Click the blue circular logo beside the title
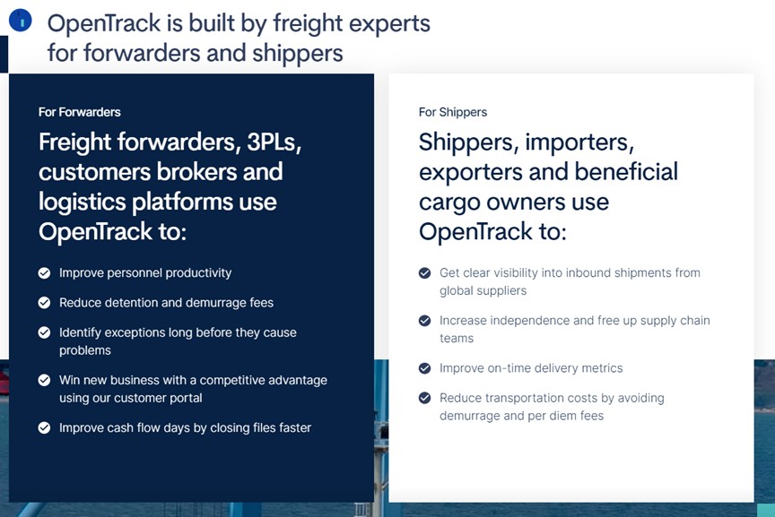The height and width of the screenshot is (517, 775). click(x=21, y=21)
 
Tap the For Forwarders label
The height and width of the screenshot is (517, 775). click(x=80, y=112)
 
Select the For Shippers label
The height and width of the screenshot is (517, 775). click(x=453, y=112)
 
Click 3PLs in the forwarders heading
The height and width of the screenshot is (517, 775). click(x=274, y=142)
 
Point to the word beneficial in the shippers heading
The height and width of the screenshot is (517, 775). click(x=626, y=172)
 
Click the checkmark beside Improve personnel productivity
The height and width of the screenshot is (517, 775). click(x=45, y=273)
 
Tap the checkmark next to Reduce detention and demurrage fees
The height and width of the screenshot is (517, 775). click(x=45, y=303)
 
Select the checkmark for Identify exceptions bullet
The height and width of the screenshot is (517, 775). click(x=45, y=332)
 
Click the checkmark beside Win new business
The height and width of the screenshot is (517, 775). click(x=45, y=380)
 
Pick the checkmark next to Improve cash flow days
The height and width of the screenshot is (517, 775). click(x=45, y=427)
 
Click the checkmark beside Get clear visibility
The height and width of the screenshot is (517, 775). click(x=424, y=273)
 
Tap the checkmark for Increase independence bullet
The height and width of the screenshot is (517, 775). click(x=424, y=321)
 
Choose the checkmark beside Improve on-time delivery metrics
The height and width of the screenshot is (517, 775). click(x=424, y=368)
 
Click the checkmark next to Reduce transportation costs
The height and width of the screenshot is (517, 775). click(x=424, y=398)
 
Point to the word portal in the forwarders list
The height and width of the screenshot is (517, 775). click(x=187, y=398)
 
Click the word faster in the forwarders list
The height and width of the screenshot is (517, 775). click(x=295, y=427)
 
